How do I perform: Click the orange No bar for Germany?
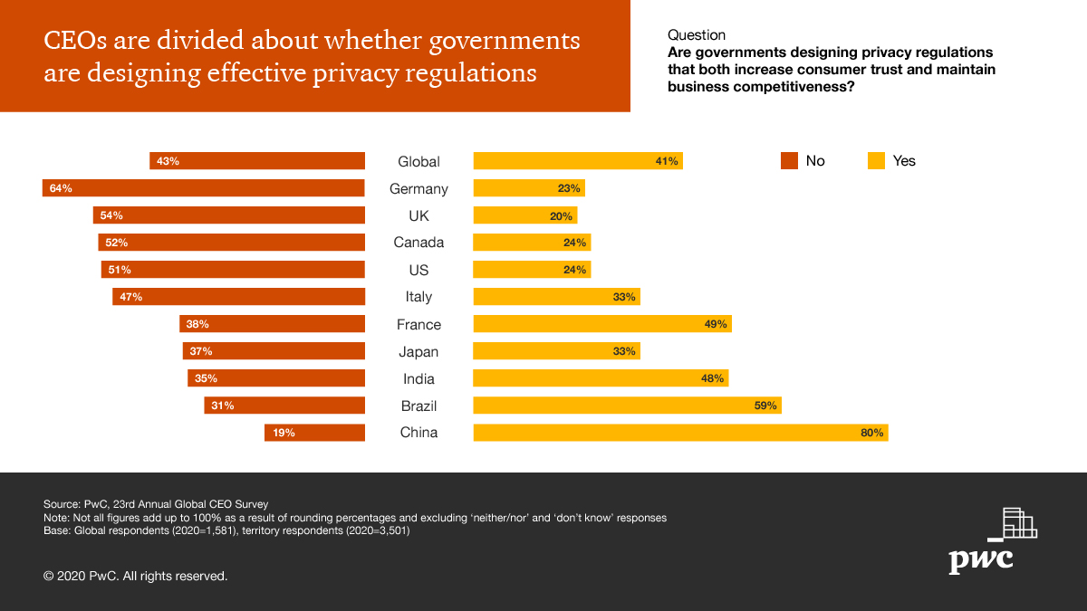click(203, 188)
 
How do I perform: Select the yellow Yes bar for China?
click(680, 433)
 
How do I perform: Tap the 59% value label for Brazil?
click(765, 406)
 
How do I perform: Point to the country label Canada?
click(418, 243)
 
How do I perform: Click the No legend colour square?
click(789, 161)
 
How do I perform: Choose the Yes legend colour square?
click(876, 161)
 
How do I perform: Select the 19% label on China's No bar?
click(284, 433)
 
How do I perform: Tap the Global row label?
click(418, 161)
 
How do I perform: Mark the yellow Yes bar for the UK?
click(525, 215)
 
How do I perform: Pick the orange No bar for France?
click(272, 324)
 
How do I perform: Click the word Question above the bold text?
click(696, 35)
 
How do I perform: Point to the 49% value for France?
click(716, 324)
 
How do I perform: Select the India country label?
click(418, 378)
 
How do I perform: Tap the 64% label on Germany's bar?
click(62, 188)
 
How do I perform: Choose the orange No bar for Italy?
click(238, 297)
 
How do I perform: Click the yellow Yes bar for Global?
click(578, 161)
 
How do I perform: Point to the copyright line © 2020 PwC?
click(135, 576)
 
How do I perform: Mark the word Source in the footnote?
click(61, 503)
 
